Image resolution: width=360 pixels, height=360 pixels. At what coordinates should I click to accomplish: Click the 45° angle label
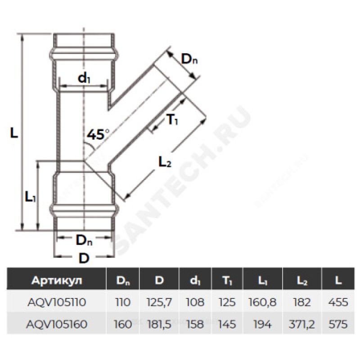point(98,135)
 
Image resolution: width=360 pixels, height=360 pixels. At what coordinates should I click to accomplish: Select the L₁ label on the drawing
point(30,197)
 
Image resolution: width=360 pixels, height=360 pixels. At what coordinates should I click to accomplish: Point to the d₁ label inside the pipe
point(84,78)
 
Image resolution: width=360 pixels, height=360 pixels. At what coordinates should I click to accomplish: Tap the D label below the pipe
point(84,258)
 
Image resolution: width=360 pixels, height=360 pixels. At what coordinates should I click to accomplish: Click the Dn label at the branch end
point(189,59)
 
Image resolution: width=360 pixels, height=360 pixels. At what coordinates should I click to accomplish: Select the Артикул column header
point(57,280)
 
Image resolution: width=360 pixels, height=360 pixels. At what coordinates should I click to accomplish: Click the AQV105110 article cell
point(57,302)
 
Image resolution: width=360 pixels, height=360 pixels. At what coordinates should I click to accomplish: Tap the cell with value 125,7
point(159,302)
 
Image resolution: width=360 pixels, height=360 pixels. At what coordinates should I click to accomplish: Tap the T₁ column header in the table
point(227,281)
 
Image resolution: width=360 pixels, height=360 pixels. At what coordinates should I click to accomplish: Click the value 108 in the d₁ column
point(195,302)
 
